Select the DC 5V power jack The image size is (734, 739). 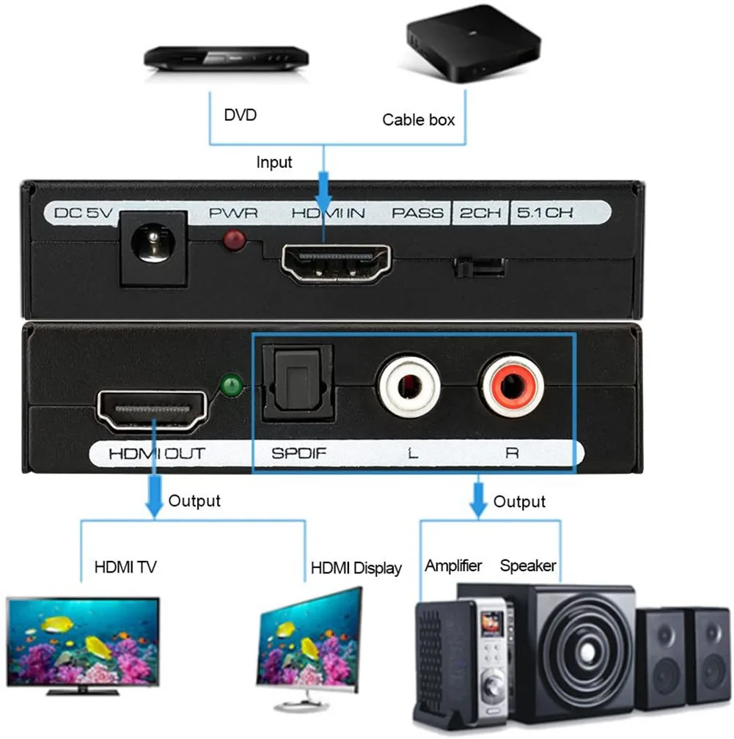[153, 247]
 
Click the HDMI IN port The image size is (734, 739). [337, 262]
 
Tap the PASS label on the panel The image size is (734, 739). [417, 213]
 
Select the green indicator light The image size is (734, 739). [232, 384]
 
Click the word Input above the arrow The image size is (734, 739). [274, 162]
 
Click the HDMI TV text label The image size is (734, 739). [125, 567]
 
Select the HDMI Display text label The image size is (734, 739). [356, 568]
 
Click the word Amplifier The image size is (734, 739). [453, 565]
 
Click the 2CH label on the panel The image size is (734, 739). [480, 213]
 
